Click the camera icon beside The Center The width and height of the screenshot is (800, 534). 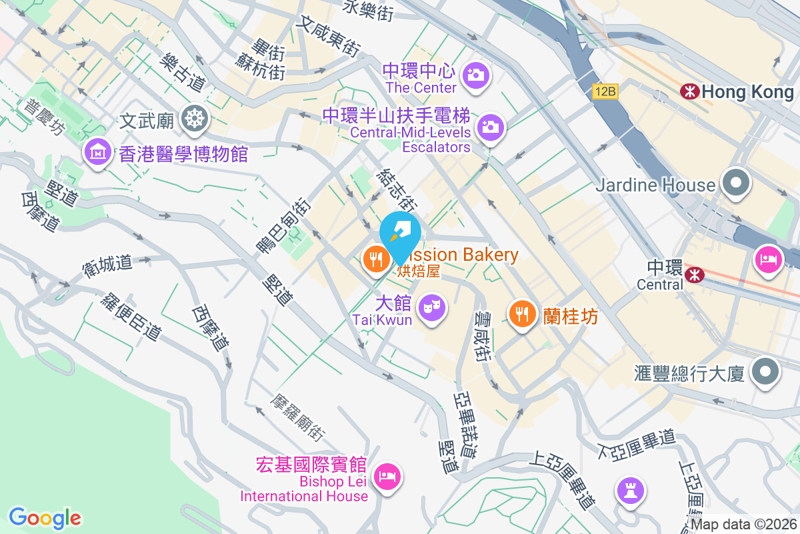(475, 75)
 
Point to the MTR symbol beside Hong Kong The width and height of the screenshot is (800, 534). (690, 91)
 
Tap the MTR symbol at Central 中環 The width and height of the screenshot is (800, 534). (695, 274)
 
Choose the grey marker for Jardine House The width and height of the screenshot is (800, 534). (736, 184)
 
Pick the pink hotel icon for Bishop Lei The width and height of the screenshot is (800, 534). (387, 476)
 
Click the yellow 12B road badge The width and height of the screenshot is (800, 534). (605, 91)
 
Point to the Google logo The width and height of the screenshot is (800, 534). (45, 517)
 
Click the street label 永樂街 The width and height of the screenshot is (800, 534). (368, 9)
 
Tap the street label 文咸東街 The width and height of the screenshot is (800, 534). (329, 37)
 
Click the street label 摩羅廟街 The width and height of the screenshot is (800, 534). (297, 417)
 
